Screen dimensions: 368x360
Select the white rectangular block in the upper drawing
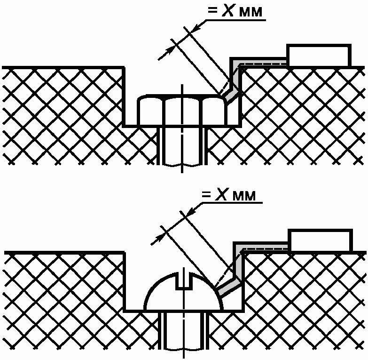[319, 56]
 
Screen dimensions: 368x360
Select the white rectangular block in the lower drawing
[320, 241]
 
